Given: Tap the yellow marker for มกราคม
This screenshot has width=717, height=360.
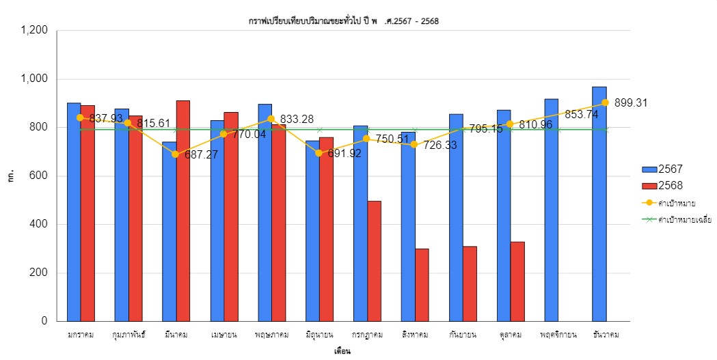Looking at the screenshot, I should coord(81,117).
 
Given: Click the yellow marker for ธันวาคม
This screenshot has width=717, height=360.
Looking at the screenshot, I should coord(606,102).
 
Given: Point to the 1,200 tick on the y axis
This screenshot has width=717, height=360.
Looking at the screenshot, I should coord(34,31).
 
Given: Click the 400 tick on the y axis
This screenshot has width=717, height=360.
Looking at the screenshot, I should coord(38,225).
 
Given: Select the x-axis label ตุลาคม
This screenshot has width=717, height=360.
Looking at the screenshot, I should coord(511,335).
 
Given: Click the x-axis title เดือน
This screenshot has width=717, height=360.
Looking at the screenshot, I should coord(342,352).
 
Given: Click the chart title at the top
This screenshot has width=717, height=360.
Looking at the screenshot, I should coord(343,21).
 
